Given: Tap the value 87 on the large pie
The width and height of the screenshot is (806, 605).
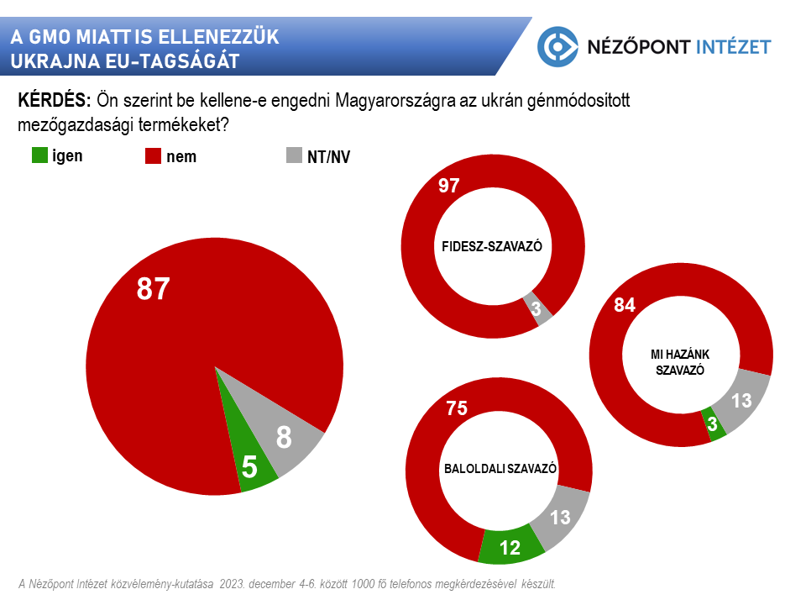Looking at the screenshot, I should pyautogui.click(x=154, y=289).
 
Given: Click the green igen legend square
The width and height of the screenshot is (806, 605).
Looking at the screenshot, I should pyautogui.click(x=39, y=155).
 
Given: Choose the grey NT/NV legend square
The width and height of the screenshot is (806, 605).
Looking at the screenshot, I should pyautogui.click(x=294, y=156).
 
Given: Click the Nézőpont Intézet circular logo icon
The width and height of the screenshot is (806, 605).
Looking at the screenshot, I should pyautogui.click(x=558, y=46).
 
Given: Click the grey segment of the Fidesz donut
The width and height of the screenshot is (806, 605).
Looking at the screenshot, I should pyautogui.click(x=536, y=308).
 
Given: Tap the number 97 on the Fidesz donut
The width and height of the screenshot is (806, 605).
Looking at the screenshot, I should pyautogui.click(x=449, y=186).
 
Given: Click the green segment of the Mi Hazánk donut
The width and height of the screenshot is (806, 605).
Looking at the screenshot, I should pyautogui.click(x=714, y=424).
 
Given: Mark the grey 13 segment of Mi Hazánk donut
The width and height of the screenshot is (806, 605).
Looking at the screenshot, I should pyautogui.click(x=742, y=401).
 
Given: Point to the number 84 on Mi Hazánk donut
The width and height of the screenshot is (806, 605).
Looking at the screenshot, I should pyautogui.click(x=625, y=305).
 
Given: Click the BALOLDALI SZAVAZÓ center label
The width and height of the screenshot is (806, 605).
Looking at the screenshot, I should pyautogui.click(x=500, y=469).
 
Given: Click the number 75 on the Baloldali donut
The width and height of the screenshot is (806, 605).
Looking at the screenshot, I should pyautogui.click(x=457, y=409).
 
